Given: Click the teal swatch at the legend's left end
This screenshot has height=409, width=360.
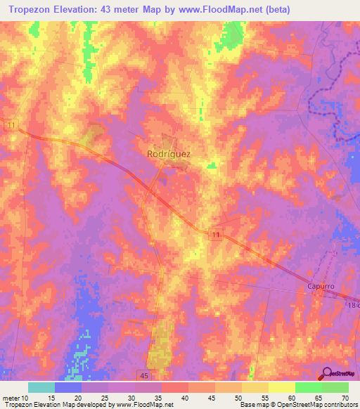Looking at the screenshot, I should (41, 387).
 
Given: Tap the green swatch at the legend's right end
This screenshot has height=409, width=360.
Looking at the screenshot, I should (335, 387).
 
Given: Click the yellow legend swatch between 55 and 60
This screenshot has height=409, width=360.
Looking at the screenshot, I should (281, 387).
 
